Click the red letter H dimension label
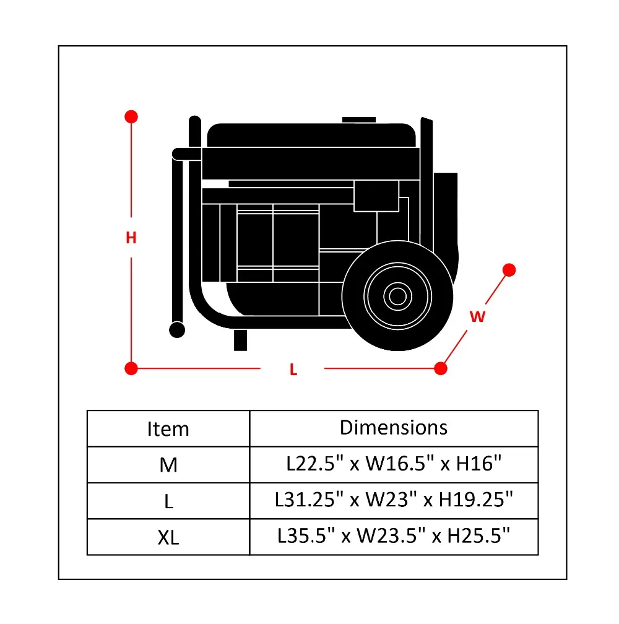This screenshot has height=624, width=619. [131, 237]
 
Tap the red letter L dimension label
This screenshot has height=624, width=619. [293, 370]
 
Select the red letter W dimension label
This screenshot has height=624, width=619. [477, 317]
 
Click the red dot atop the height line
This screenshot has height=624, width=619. [131, 116]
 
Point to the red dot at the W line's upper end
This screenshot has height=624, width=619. [509, 270]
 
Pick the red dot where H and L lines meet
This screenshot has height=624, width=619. [131, 369]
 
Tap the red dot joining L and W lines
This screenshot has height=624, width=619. [441, 369]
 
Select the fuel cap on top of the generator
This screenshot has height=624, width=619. [359, 119]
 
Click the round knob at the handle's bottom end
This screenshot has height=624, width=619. [177, 329]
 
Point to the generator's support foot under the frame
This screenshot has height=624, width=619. [240, 340]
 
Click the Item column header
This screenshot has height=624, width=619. [168, 428]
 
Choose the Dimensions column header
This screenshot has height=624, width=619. [394, 427]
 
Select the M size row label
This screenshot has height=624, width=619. [168, 465]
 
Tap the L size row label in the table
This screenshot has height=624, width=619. [168, 501]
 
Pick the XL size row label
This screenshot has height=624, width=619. [168, 537]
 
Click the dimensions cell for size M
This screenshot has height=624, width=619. [394, 464]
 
